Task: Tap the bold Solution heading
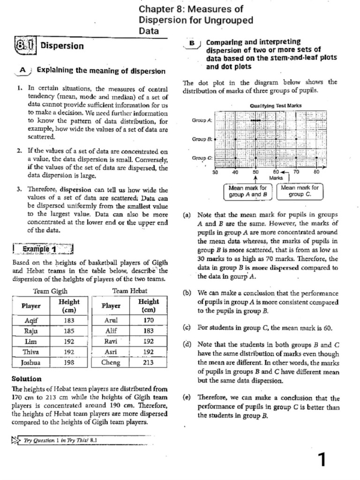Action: point(26,378)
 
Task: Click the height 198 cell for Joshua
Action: point(69,362)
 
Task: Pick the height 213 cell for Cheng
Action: point(149,362)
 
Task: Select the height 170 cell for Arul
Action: point(149,321)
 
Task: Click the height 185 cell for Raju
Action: point(69,331)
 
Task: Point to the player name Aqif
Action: point(30,321)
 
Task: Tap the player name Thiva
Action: point(30,352)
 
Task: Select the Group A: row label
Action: point(202,120)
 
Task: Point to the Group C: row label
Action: point(202,158)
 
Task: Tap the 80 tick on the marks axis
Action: point(316,172)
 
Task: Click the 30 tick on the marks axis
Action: point(215,172)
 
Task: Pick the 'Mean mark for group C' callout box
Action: point(300,190)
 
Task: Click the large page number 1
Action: point(321,460)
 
